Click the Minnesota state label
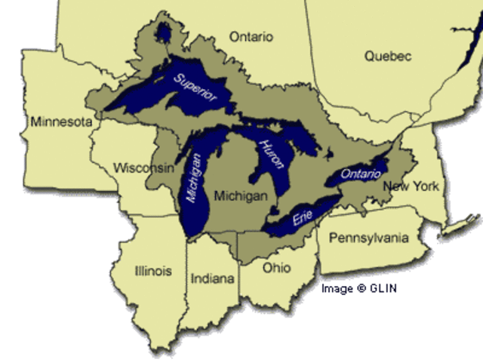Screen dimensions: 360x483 coord(61,122)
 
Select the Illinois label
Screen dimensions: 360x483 coord(153,271)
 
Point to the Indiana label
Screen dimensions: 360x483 coord(212,278)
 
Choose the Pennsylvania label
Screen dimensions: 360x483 coord(368,238)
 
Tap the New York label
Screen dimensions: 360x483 coord(411,186)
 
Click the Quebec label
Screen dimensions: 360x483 coord(388,56)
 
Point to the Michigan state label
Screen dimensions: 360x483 coord(241,195)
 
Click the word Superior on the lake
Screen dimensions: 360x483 coord(195,88)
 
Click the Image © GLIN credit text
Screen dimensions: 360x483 coord(358,288)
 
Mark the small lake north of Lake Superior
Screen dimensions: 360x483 coord(162,32)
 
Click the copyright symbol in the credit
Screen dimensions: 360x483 coord(361,288)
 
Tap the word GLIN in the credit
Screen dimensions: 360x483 coord(383,288)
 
